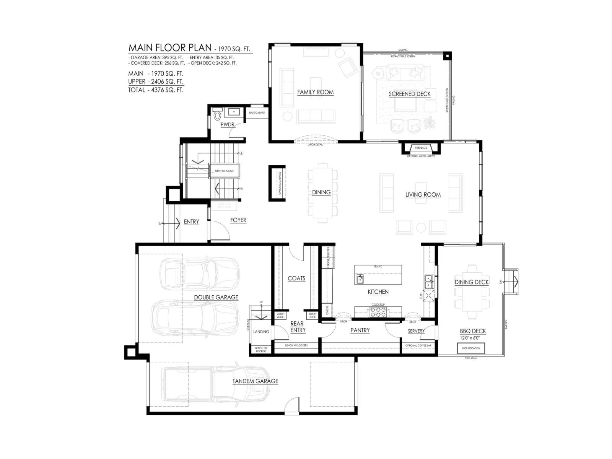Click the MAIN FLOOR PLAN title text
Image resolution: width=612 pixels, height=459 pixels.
pos(170,47)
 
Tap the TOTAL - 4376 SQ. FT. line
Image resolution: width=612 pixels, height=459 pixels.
pos(156,90)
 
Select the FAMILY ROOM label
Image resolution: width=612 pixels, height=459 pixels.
pos(315,92)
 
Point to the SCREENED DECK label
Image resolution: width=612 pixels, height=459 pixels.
pos(410,94)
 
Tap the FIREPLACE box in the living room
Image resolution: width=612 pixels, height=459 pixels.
pos(421,148)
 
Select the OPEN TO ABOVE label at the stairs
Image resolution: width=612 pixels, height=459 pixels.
pos(224,171)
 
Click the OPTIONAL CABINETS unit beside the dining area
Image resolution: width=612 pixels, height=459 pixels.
pos(277,183)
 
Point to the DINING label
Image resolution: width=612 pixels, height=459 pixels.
pos(321,192)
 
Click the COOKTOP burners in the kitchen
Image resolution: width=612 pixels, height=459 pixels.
pos(378,312)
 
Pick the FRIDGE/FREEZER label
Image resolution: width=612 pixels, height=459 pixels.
pos(328,257)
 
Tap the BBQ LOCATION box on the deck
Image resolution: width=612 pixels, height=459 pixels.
pos(471,348)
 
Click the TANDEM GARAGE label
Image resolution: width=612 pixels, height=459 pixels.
pos(255,381)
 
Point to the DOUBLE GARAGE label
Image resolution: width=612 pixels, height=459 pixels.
pos(216,297)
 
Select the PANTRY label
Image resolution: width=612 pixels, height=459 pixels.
pos(360,330)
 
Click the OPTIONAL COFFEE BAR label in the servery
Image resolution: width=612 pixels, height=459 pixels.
pos(418,345)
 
